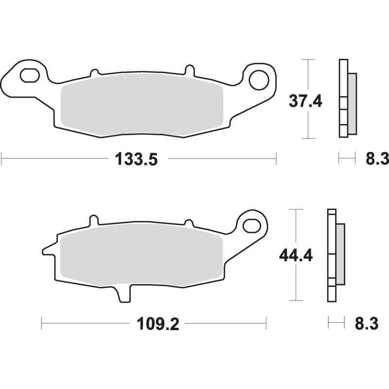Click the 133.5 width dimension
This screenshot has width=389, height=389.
[x=137, y=159]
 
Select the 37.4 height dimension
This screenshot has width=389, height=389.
[x=305, y=101]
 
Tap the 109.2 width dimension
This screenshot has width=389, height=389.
[x=158, y=324]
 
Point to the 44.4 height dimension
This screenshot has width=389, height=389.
[x=296, y=255]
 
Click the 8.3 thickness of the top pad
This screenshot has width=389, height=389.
[x=377, y=159]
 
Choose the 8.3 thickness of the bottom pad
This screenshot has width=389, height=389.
[x=367, y=323]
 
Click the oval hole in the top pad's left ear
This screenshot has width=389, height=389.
[x=30, y=75]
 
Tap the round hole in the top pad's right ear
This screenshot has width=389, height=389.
[x=259, y=80]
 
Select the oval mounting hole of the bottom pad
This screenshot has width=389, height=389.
[x=251, y=226]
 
